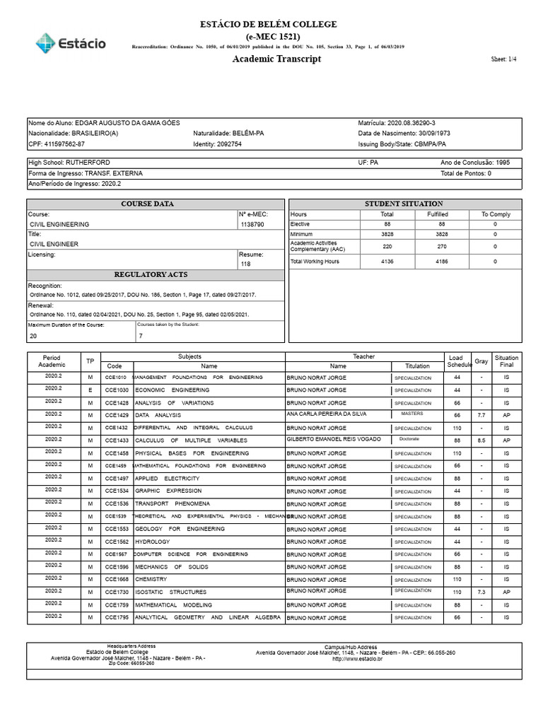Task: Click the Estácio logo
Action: (71, 42)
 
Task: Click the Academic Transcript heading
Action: (276, 59)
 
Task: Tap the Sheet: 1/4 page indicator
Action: (503, 59)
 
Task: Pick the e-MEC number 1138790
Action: (252, 224)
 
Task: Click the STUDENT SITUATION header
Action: (404, 204)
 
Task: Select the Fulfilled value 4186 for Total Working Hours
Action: (438, 262)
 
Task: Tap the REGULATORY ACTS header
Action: (156, 274)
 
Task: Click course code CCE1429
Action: (116, 416)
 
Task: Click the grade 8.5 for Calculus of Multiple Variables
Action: (481, 440)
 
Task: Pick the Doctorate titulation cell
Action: (409, 439)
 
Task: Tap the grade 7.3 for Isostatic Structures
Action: (481, 592)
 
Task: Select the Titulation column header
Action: (417, 366)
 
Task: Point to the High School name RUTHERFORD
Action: (87, 163)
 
